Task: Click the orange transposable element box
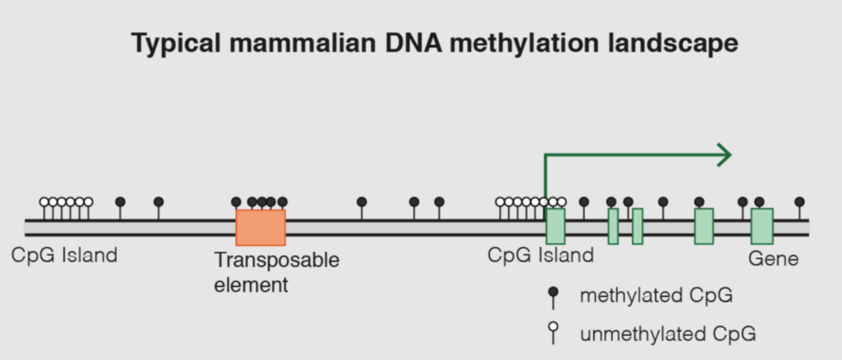(261, 228)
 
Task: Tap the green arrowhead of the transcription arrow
(725, 155)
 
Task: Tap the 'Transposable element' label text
(276, 272)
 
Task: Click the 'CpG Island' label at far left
(64, 255)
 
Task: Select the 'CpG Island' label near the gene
(540, 255)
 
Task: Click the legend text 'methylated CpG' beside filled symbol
(656, 296)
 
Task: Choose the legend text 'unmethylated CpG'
(668, 334)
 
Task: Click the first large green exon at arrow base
(555, 226)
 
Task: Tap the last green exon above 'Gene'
(762, 226)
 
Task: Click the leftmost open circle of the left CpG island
(45, 202)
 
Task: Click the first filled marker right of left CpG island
(121, 202)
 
